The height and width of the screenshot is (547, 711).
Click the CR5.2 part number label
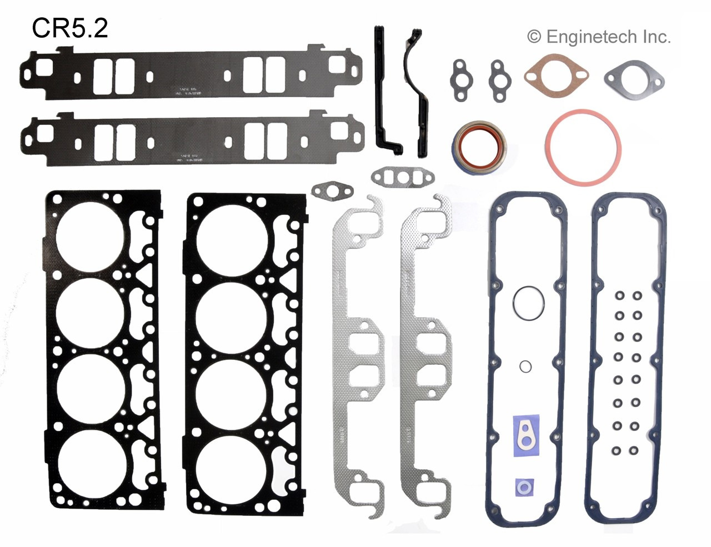click(69, 28)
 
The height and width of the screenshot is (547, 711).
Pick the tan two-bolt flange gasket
click(555, 77)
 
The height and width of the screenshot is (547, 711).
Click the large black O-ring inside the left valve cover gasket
click(528, 303)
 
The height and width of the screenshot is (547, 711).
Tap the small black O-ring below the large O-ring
click(525, 366)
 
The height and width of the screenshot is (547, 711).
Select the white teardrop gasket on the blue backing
click(526, 433)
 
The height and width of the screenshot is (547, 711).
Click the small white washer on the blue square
click(523, 487)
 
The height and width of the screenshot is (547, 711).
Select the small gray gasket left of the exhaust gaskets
click(332, 192)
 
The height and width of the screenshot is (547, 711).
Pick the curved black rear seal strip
click(418, 89)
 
